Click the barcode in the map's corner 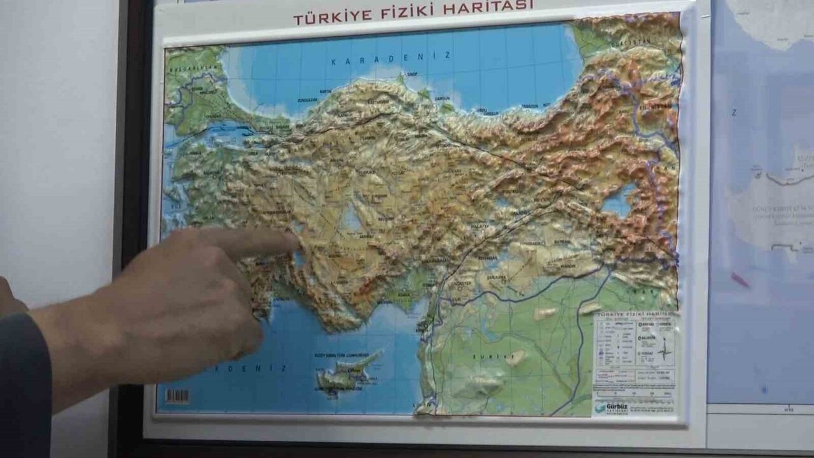[177, 396]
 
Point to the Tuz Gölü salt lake [351, 218]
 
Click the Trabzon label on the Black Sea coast [529, 106]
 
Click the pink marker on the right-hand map [740, 280]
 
